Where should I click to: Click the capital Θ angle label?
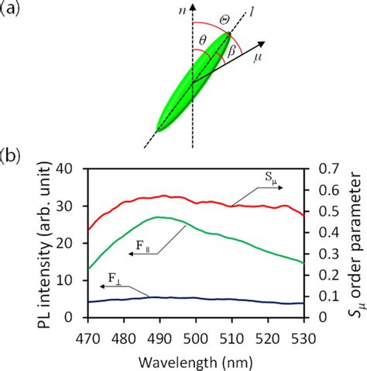pyautogui.click(x=221, y=18)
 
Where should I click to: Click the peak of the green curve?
pyautogui.click(x=159, y=217)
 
